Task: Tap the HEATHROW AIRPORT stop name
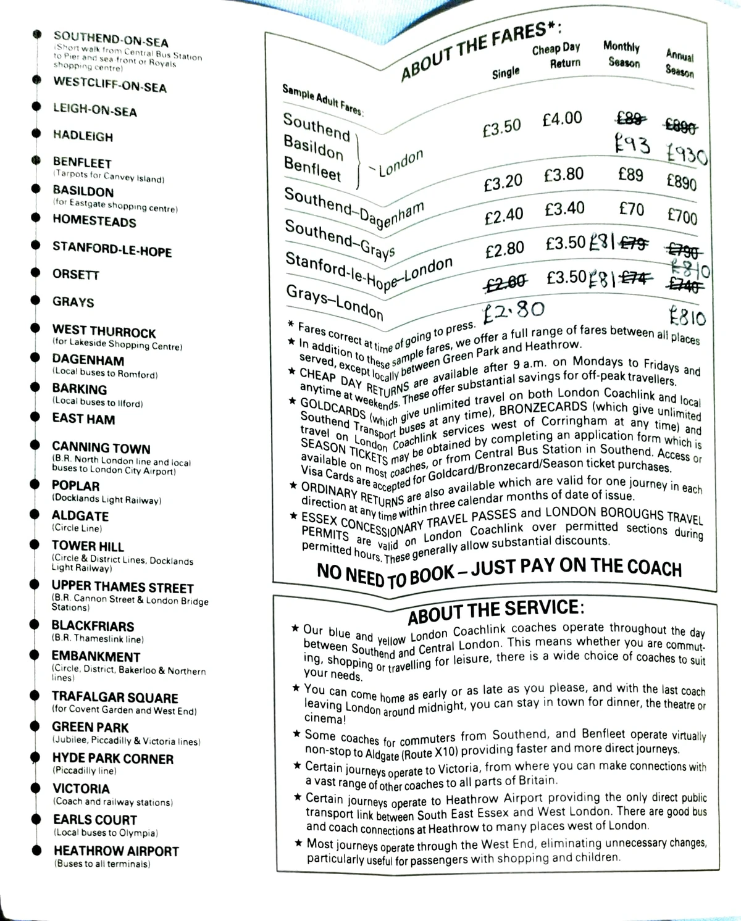point(115,851)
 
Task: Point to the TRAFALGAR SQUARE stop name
point(115,697)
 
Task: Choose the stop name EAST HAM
point(83,419)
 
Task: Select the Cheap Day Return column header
point(556,56)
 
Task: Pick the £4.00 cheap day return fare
point(562,118)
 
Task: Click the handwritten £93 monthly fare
point(632,146)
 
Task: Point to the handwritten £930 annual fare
point(687,154)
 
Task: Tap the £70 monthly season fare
point(631,209)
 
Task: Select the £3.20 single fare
point(503,183)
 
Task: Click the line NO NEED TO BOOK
point(499,569)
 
